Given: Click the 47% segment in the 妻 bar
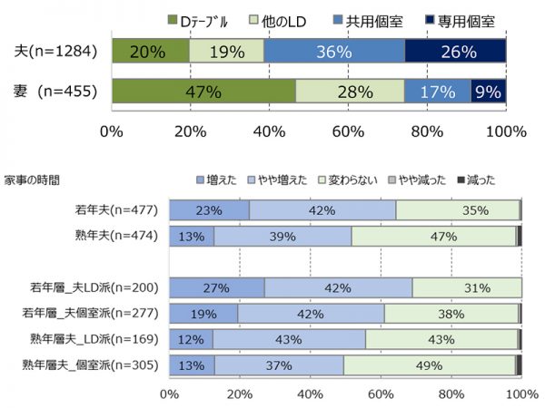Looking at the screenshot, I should pyautogui.click(x=203, y=92).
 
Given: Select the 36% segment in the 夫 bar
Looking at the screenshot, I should pyautogui.click(x=334, y=52).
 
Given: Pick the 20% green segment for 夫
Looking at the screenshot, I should pyautogui.click(x=151, y=52).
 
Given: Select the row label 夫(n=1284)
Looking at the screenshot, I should pyautogui.click(x=54, y=52).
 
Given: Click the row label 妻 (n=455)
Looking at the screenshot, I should pyautogui.click(x=54, y=92).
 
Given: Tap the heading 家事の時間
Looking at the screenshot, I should pyautogui.click(x=34, y=180).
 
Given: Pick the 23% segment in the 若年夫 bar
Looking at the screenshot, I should pyautogui.click(x=209, y=210).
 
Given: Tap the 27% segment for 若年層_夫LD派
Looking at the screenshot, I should pyautogui.click(x=216, y=287).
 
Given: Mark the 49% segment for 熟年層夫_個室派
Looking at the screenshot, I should pyautogui.click(x=429, y=365).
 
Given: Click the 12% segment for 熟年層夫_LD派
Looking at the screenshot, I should pyautogui.click(x=191, y=340).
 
